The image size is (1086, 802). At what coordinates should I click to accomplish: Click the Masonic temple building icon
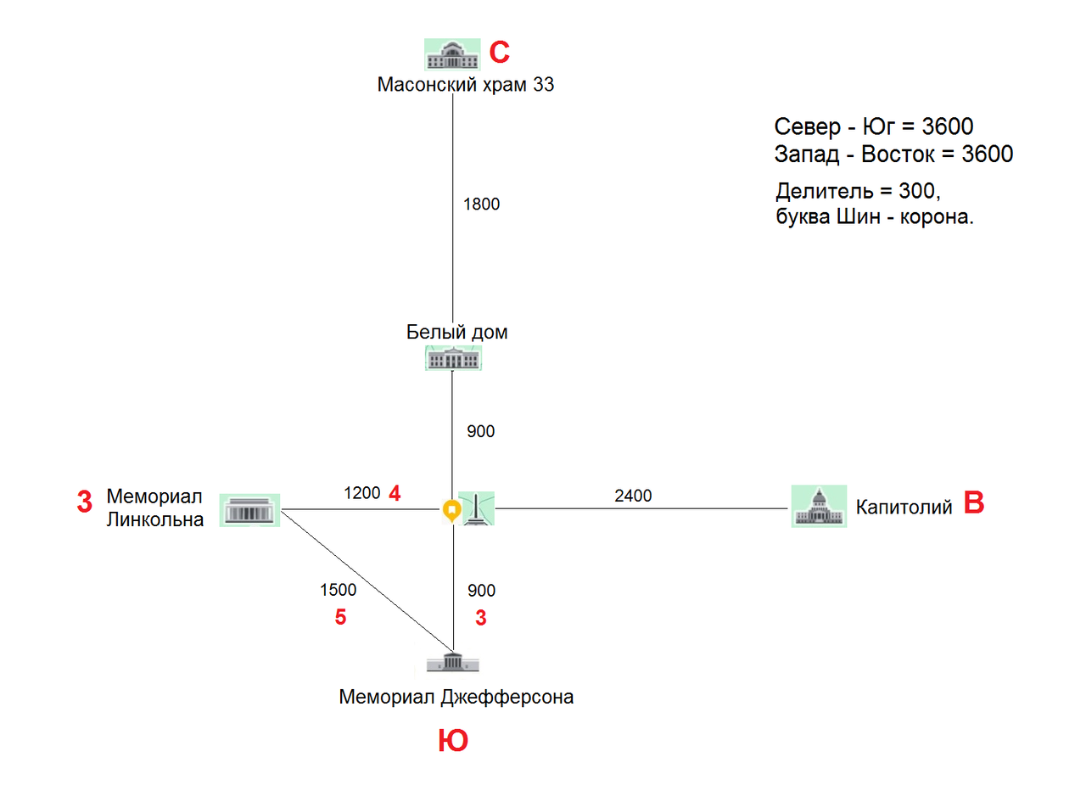coord(451,55)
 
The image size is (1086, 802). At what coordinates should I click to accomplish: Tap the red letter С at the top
coord(500,53)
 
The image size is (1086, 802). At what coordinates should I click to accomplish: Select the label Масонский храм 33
coord(466,85)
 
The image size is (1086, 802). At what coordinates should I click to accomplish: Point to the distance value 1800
coord(481,204)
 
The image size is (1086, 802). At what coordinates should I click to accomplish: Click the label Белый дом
coord(457,332)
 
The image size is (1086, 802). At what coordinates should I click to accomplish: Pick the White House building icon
coord(453,359)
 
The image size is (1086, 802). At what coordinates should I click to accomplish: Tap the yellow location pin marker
coord(451,512)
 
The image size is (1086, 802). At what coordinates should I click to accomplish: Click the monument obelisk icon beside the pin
coord(477,509)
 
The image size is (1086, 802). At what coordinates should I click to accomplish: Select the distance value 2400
coord(633,496)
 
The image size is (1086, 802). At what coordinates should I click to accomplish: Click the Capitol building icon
coord(819,507)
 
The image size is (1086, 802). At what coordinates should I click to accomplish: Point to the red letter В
coord(975,504)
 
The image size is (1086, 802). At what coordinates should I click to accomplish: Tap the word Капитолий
coord(904,508)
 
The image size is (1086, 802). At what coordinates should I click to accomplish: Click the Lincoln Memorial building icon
coord(249,510)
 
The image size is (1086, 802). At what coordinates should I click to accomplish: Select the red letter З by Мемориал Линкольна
coord(84,502)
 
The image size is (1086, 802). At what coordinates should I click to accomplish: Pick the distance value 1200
coord(361,493)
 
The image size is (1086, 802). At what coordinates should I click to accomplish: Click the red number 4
coord(394,493)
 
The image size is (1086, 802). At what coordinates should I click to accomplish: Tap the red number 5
coord(340,617)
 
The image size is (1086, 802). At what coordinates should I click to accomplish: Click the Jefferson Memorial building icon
coord(454,661)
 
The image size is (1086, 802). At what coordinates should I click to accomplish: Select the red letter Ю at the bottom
coord(452,742)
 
